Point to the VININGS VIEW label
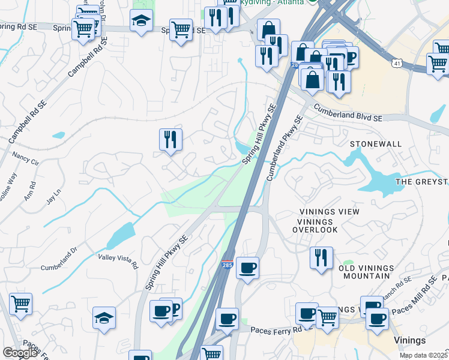tap(330, 212)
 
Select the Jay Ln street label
tap(54, 196)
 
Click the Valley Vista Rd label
tap(118, 261)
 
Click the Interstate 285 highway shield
tap(227, 264)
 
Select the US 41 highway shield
tap(398, 62)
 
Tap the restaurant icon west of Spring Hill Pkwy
tap(170, 140)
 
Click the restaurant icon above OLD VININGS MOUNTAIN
tap(321, 257)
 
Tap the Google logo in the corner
tap(20, 353)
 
